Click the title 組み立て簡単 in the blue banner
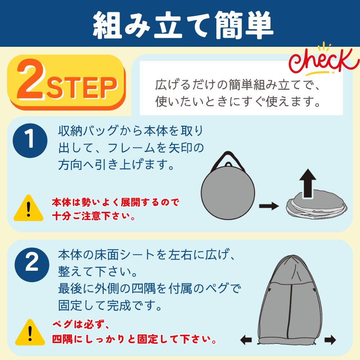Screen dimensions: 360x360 (183, 24)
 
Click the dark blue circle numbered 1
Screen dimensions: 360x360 (30, 140)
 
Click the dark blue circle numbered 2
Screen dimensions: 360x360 (32, 265)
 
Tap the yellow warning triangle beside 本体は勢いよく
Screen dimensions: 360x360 (28, 208)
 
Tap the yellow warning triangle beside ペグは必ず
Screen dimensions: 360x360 (30, 332)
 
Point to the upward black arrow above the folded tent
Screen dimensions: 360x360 (308, 183)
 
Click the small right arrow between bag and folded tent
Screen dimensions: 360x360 (269, 206)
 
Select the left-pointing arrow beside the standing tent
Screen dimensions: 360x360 (246, 340)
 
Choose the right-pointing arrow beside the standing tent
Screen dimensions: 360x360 (330, 340)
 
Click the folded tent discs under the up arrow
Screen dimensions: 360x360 (316, 204)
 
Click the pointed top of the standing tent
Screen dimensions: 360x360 (291, 256)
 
